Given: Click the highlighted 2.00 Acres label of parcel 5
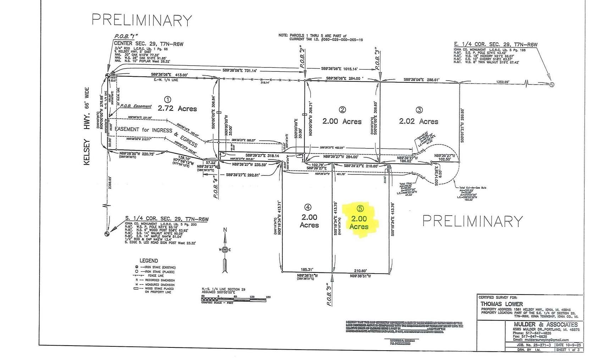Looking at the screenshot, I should pyautogui.click(x=359, y=222).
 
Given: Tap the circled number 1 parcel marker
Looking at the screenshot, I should pyautogui.click(x=169, y=99).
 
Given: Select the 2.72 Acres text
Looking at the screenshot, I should pyautogui.click(x=177, y=108).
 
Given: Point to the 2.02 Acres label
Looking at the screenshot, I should pyautogui.click(x=419, y=121).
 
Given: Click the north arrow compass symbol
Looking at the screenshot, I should pyautogui.click(x=224, y=249).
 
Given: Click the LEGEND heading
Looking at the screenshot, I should pyautogui.click(x=149, y=260).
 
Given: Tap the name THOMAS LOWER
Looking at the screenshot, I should pyautogui.click(x=497, y=304).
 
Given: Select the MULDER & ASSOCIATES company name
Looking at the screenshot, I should pyautogui.click(x=546, y=324).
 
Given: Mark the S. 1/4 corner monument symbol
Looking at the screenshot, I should pyautogui.click(x=106, y=234).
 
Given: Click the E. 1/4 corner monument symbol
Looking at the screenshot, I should pyautogui.click(x=552, y=85).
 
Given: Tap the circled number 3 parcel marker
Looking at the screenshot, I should pyautogui.click(x=419, y=110).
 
